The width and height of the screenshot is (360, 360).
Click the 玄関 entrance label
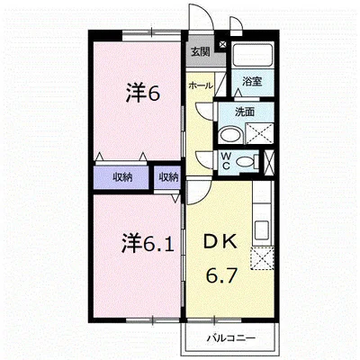point(200,52)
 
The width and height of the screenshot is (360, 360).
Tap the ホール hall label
point(200,85)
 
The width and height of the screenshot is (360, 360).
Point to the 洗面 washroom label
point(245,112)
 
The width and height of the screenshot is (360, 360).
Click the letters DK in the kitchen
point(221,241)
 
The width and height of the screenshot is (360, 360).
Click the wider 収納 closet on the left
point(122,177)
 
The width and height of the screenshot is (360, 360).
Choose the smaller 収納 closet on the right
point(168,177)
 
